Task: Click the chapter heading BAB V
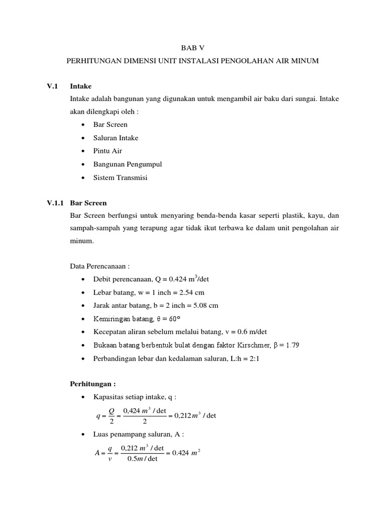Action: coord(193,48)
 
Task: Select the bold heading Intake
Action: coord(81,86)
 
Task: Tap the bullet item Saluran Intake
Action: coord(116,138)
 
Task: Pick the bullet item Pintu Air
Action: coord(108,151)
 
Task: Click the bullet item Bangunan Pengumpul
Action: coord(127,164)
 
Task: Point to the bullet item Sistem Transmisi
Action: coord(120,178)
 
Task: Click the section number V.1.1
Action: coord(55,203)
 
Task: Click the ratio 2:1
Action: coord(255,358)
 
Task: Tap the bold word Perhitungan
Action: coord(91,384)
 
